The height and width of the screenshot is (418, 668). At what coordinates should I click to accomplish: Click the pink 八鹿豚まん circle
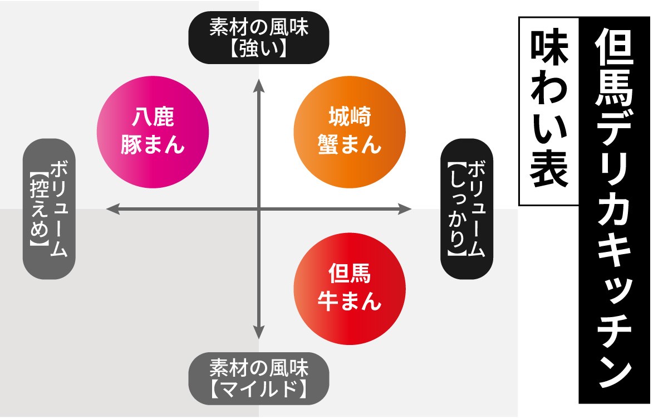click(153, 131)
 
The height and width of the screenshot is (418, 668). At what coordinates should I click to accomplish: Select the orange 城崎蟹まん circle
click(349, 131)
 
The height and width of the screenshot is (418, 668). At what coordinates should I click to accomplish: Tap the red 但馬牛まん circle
click(349, 289)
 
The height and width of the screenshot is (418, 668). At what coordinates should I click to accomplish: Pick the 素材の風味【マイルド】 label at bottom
click(259, 377)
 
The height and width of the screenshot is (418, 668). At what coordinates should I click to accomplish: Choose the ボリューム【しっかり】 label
click(466, 209)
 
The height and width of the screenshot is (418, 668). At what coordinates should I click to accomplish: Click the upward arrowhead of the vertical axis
click(259, 84)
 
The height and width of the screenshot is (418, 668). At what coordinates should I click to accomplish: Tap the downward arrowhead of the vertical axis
click(259, 333)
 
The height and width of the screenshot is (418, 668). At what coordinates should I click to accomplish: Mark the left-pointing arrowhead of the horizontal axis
click(111, 209)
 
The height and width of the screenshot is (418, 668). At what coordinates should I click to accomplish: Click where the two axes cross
click(259, 209)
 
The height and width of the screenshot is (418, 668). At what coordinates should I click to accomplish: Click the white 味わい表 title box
click(549, 111)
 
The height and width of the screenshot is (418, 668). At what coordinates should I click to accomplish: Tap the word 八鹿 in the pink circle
click(153, 118)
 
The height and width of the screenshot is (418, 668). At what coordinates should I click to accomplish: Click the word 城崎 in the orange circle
click(349, 118)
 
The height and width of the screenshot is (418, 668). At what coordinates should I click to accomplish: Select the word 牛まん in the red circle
click(349, 302)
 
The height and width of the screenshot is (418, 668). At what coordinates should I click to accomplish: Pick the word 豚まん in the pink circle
click(153, 145)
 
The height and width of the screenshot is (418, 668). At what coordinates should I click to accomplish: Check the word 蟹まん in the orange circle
click(349, 145)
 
